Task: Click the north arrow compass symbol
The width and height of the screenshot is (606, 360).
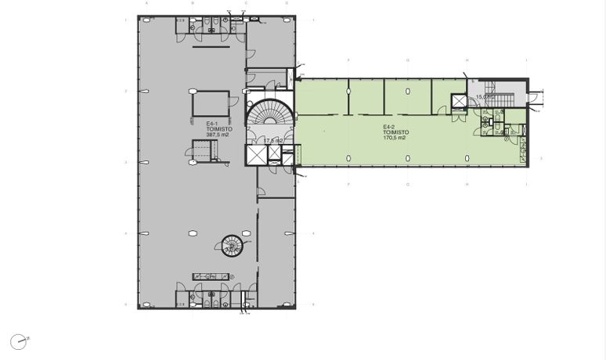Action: click(18, 341)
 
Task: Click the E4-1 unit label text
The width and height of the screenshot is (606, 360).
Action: click(211, 124)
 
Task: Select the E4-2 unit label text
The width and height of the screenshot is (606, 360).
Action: click(388, 127)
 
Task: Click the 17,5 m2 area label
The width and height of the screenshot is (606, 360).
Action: click(273, 141)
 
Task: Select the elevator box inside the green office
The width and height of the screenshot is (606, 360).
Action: click(459, 103)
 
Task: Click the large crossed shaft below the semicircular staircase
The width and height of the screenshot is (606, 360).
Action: click(255, 155)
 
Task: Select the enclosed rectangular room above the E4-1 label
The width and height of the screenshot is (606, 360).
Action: click(211, 103)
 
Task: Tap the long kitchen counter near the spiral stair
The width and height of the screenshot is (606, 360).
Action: click(212, 276)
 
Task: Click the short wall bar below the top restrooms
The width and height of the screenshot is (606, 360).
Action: click(211, 47)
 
